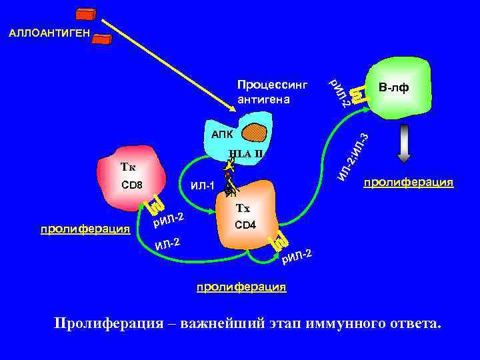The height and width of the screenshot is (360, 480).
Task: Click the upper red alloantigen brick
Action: [86, 15]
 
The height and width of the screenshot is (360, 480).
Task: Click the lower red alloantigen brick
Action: [101, 38]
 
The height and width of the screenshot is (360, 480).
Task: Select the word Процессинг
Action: [272, 86]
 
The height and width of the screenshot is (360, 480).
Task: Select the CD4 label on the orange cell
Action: [245, 225]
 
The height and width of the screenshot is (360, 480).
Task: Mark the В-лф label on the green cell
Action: [393, 88]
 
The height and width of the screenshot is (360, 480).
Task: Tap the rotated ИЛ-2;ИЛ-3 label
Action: [353, 157]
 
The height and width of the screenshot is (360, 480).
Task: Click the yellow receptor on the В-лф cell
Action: [358, 94]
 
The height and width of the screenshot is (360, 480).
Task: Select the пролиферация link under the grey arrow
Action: [408, 181]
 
